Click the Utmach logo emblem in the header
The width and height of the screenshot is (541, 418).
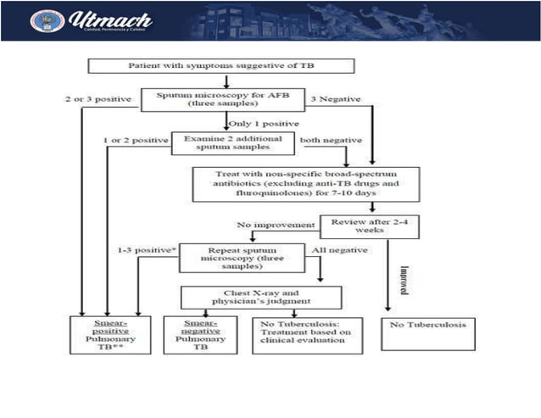pyautogui.click(x=47, y=20)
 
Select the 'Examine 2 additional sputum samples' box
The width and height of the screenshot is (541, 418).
pyautogui.click(x=233, y=142)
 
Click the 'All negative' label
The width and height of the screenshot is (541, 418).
pyautogui.click(x=341, y=251)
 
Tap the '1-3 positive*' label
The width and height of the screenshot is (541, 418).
pyautogui.click(x=147, y=251)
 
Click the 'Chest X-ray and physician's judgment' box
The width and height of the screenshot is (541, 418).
pyautogui.click(x=261, y=297)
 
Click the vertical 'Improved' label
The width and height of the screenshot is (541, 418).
pyautogui.click(x=405, y=281)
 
